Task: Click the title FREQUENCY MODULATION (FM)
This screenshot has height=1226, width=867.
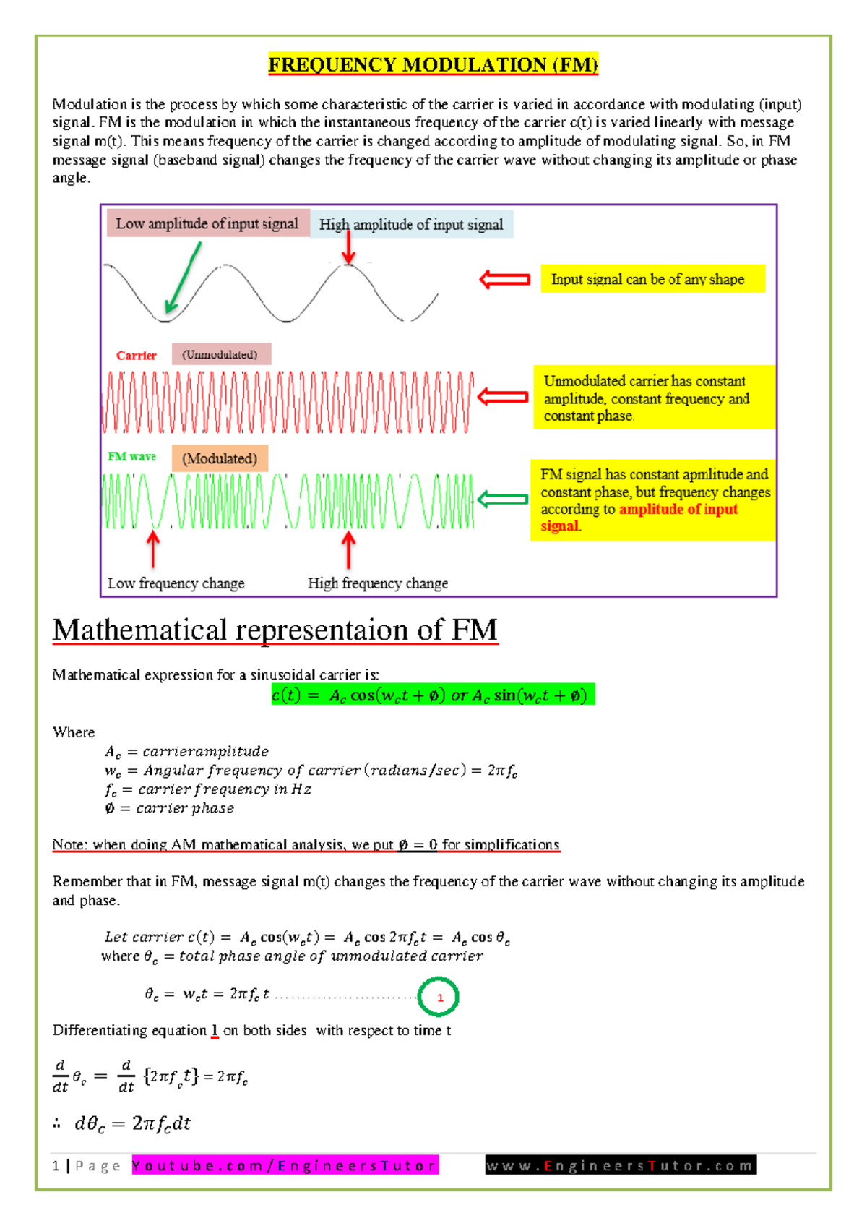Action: click(x=433, y=65)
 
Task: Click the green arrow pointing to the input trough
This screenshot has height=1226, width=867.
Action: click(x=183, y=278)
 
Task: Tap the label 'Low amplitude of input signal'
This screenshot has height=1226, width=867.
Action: click(x=207, y=224)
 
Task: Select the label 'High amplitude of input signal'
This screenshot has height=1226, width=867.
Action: click(x=411, y=225)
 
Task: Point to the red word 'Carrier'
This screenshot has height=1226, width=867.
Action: click(x=136, y=356)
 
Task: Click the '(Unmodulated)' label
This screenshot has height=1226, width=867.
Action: click(x=220, y=354)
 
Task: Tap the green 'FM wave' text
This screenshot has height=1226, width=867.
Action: click(x=131, y=457)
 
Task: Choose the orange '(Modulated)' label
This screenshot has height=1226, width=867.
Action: click(x=220, y=458)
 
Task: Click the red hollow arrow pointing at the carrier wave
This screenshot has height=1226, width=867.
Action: click(x=503, y=396)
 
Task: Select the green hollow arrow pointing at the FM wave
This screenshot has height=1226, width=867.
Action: click(x=503, y=499)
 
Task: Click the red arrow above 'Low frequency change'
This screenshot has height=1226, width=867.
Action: click(x=152, y=550)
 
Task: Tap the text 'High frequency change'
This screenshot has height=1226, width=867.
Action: click(x=377, y=583)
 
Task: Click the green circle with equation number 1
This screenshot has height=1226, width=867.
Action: click(x=439, y=997)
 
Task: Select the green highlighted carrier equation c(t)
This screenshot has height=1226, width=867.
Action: click(x=433, y=695)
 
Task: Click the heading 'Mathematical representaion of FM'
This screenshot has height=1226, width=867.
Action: click(x=275, y=630)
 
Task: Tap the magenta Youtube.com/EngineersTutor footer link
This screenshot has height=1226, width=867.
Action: click(x=285, y=1165)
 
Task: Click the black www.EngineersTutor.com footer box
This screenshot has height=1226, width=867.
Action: click(x=621, y=1165)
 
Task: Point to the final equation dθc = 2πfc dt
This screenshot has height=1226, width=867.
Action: click(x=132, y=1123)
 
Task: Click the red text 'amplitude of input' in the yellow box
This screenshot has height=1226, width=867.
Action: click(x=678, y=509)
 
